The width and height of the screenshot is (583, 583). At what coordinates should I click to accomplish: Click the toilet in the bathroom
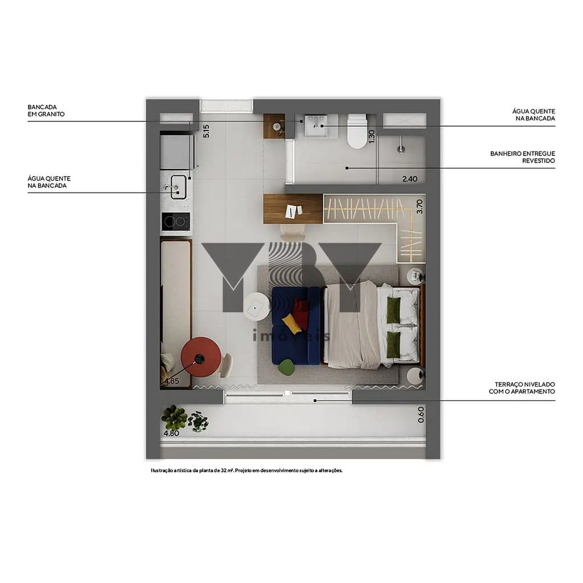(357, 132)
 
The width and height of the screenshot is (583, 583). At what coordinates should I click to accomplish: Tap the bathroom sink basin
(316, 126)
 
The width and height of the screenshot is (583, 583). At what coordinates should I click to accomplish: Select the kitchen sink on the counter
(178, 187)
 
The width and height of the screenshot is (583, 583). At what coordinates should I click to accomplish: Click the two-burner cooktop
(176, 221)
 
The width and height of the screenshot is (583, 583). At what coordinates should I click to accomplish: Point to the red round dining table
(201, 357)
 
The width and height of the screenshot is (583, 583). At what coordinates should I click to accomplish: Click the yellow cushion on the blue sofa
(292, 323)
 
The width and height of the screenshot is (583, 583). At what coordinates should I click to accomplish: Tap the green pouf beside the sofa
(286, 367)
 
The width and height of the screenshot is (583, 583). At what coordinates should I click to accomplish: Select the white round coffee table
(257, 306)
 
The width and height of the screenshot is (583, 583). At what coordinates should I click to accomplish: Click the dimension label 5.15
(206, 132)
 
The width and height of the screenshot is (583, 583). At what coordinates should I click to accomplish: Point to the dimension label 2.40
(410, 179)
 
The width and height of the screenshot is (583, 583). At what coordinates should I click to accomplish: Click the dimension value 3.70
(420, 207)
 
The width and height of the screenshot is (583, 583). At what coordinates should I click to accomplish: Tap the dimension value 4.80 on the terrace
(171, 433)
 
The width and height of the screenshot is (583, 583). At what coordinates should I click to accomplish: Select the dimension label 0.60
(421, 414)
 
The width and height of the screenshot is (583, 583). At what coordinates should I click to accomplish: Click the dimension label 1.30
(371, 137)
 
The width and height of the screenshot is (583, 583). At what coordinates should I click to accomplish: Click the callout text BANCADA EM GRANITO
(46, 110)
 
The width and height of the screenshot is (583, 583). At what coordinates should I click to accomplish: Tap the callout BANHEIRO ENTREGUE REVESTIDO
(523, 157)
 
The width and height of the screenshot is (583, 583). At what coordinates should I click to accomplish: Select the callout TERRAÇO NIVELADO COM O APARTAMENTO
(522, 388)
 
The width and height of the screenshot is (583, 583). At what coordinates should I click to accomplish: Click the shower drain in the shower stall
(401, 150)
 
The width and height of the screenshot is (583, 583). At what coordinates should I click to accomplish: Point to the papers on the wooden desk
(293, 211)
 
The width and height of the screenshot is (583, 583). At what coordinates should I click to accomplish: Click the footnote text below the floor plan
(247, 470)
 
